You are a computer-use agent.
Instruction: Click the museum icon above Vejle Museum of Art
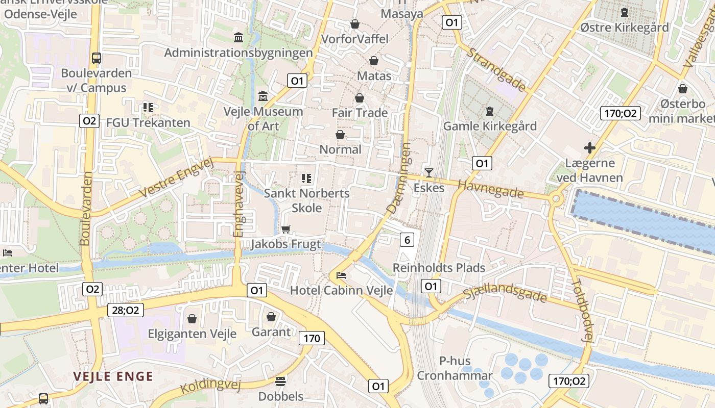click(x=263, y=96)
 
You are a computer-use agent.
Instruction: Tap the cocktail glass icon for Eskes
click(x=429, y=173)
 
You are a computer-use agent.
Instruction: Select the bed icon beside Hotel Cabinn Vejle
click(x=341, y=275)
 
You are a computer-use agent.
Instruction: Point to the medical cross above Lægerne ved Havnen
click(x=590, y=148)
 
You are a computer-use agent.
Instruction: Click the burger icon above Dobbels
click(x=280, y=381)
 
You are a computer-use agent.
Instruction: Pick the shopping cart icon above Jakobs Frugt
click(x=285, y=229)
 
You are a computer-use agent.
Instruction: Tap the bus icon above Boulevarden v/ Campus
click(x=97, y=58)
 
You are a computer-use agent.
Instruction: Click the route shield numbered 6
click(x=407, y=240)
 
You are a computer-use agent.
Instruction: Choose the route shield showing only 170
click(x=312, y=338)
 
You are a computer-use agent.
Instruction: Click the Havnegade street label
click(x=491, y=189)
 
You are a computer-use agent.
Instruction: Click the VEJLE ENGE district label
click(x=113, y=377)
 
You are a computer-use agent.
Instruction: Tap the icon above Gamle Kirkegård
click(x=490, y=111)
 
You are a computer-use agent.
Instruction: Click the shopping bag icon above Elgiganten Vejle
click(x=192, y=319)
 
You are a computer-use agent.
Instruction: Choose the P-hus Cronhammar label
click(x=455, y=369)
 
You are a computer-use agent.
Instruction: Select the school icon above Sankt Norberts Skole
click(x=306, y=178)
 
